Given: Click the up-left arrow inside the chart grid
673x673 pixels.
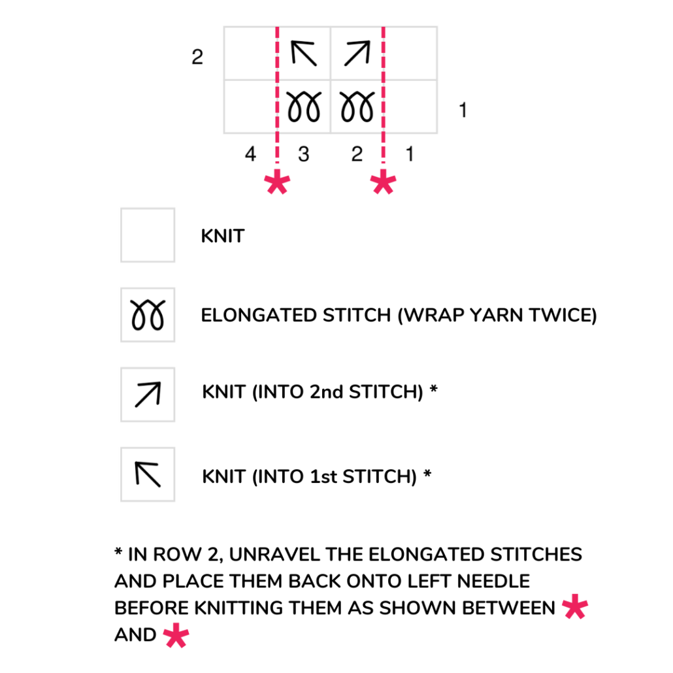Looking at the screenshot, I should click(x=304, y=54).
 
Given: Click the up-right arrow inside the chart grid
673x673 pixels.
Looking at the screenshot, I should click(x=357, y=54).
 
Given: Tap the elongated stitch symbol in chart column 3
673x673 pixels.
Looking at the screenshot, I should click(x=304, y=107).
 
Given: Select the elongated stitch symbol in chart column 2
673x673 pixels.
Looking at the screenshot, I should click(x=357, y=107).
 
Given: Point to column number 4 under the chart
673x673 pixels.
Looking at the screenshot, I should click(x=250, y=155).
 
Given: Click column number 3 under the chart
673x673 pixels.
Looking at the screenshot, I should click(x=303, y=155).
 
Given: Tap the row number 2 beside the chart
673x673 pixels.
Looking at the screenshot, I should click(x=197, y=57).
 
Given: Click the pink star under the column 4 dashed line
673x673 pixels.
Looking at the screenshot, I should click(x=278, y=184).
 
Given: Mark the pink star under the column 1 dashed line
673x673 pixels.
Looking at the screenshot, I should click(x=383, y=184).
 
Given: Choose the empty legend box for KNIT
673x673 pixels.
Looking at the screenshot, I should click(x=148, y=235).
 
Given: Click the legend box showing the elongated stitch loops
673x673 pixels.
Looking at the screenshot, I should click(x=148, y=315).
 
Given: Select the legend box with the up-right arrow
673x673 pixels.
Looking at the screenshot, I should click(x=148, y=395).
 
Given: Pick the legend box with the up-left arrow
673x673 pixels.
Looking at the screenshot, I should click(x=148, y=475).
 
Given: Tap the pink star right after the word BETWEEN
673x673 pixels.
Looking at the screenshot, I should click(x=574, y=607).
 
